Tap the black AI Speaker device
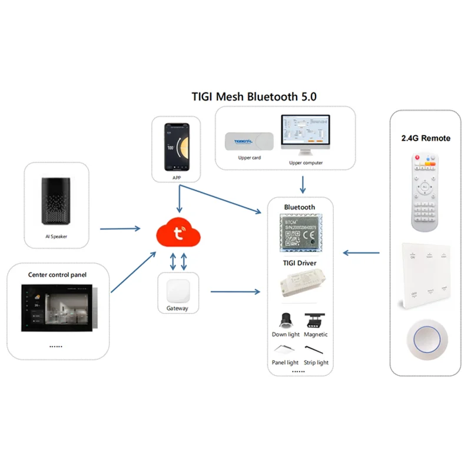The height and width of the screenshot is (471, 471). (x=57, y=201)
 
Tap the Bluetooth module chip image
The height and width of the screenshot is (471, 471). (x=300, y=233)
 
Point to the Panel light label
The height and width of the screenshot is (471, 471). (x=285, y=363)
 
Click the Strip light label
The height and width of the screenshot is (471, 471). (x=316, y=363)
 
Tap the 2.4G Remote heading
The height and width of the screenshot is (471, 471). (x=426, y=138)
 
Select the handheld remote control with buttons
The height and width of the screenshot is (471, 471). (x=424, y=191)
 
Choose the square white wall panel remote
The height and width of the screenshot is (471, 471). (x=425, y=274)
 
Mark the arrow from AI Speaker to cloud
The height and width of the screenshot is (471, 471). (x=120, y=228)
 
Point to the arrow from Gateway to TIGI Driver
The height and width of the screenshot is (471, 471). (x=235, y=291)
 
